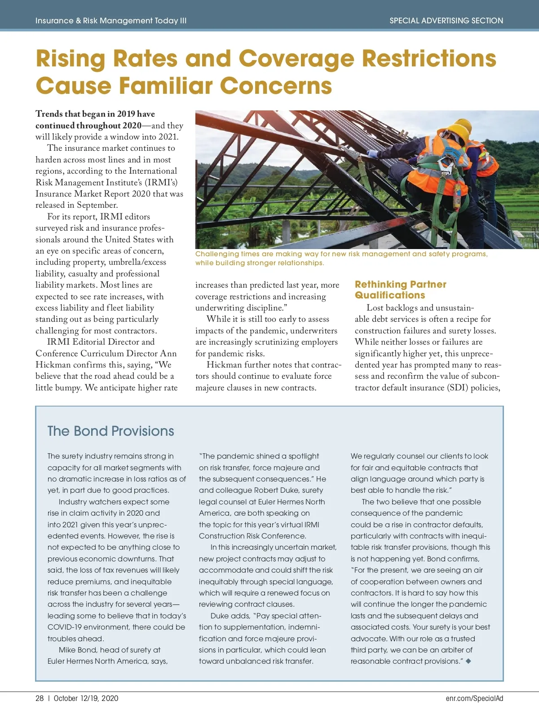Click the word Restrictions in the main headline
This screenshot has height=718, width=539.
tap(429, 58)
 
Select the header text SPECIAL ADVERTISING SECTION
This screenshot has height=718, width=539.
tap(446, 21)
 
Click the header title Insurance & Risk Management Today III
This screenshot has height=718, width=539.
tap(110, 21)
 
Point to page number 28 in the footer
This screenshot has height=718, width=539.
tap(40, 698)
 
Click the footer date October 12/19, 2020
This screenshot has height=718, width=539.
tap(86, 698)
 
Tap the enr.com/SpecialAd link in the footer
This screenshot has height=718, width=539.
tap(474, 698)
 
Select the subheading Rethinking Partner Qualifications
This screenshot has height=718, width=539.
tap(400, 289)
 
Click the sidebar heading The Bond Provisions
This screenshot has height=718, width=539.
tap(110, 431)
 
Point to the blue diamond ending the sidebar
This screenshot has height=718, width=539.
tap(468, 661)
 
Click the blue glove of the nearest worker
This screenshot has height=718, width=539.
tap(372, 153)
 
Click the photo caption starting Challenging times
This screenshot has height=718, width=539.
tap(341, 258)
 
